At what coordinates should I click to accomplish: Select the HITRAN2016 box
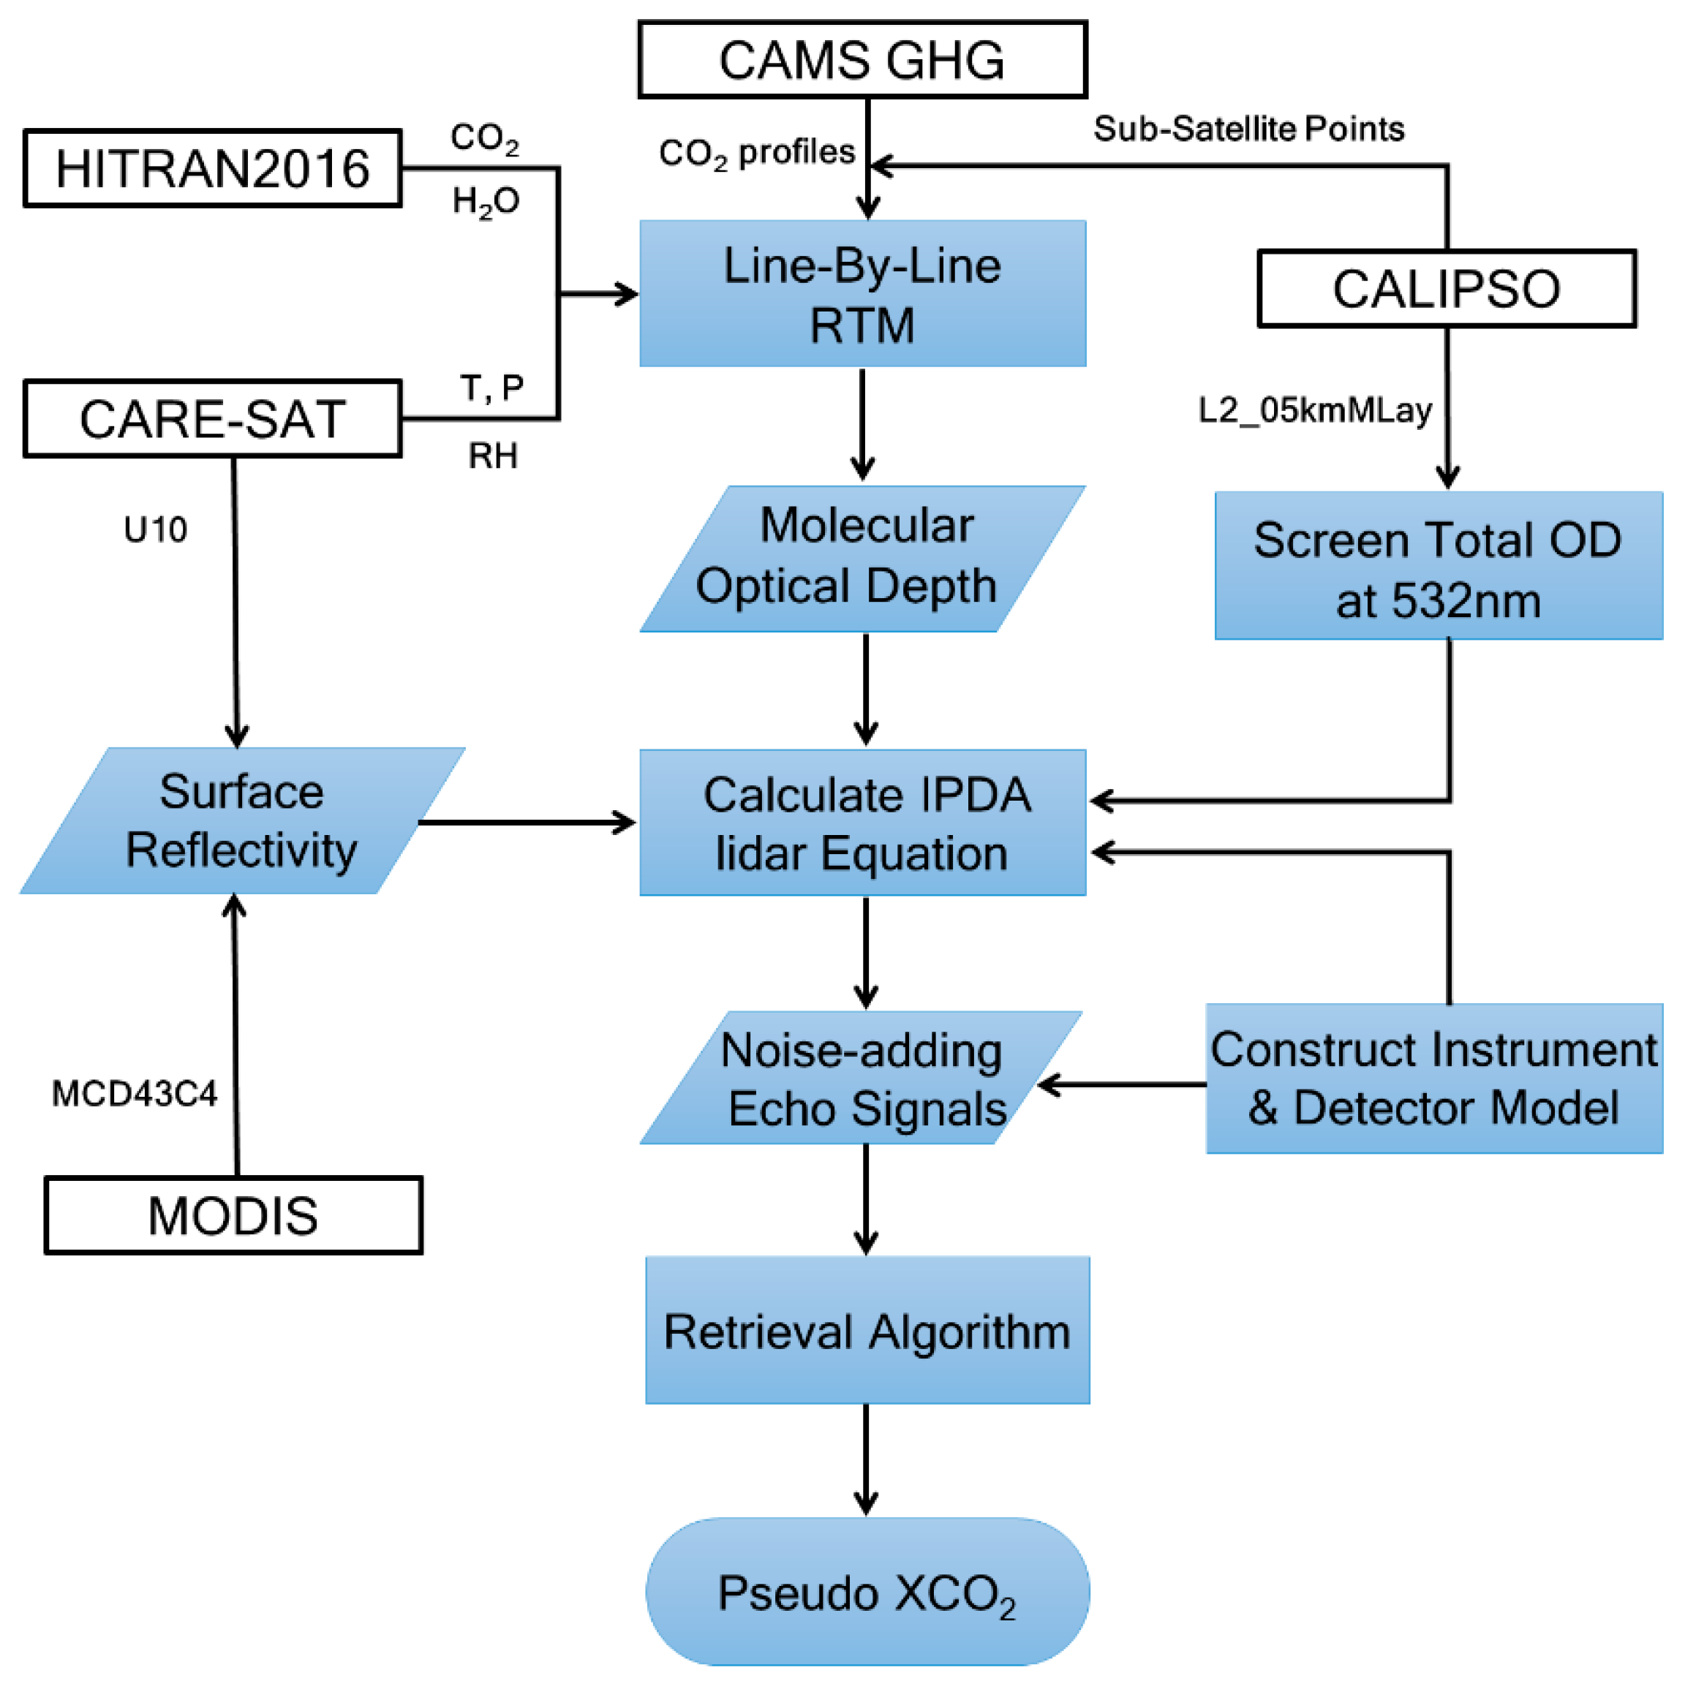click(x=212, y=168)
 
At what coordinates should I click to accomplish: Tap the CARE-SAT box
click(x=212, y=419)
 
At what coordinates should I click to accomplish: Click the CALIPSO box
click(x=1446, y=288)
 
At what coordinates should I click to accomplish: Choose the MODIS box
click(x=233, y=1215)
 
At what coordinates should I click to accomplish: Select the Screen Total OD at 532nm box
click(x=1438, y=566)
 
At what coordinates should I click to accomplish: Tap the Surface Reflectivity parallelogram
click(x=242, y=820)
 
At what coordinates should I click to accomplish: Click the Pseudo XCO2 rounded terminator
click(x=867, y=1592)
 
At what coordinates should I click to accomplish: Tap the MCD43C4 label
click(x=134, y=1093)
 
